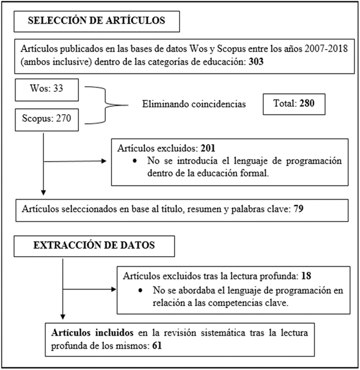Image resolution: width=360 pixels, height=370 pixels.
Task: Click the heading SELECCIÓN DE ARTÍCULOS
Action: [97, 21]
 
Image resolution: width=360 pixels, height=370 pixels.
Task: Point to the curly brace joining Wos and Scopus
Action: [107, 104]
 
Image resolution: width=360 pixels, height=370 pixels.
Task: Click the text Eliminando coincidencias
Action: [194, 104]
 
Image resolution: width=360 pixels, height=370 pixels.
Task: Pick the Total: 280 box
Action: [294, 103]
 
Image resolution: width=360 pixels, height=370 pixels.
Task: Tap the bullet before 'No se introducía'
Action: [135, 161]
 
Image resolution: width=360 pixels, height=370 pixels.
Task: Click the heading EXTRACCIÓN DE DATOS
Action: [94, 246]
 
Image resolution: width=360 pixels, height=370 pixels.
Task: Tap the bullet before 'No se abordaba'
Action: [141, 290]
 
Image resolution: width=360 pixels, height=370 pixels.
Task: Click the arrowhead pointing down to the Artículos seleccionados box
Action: [43, 193]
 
